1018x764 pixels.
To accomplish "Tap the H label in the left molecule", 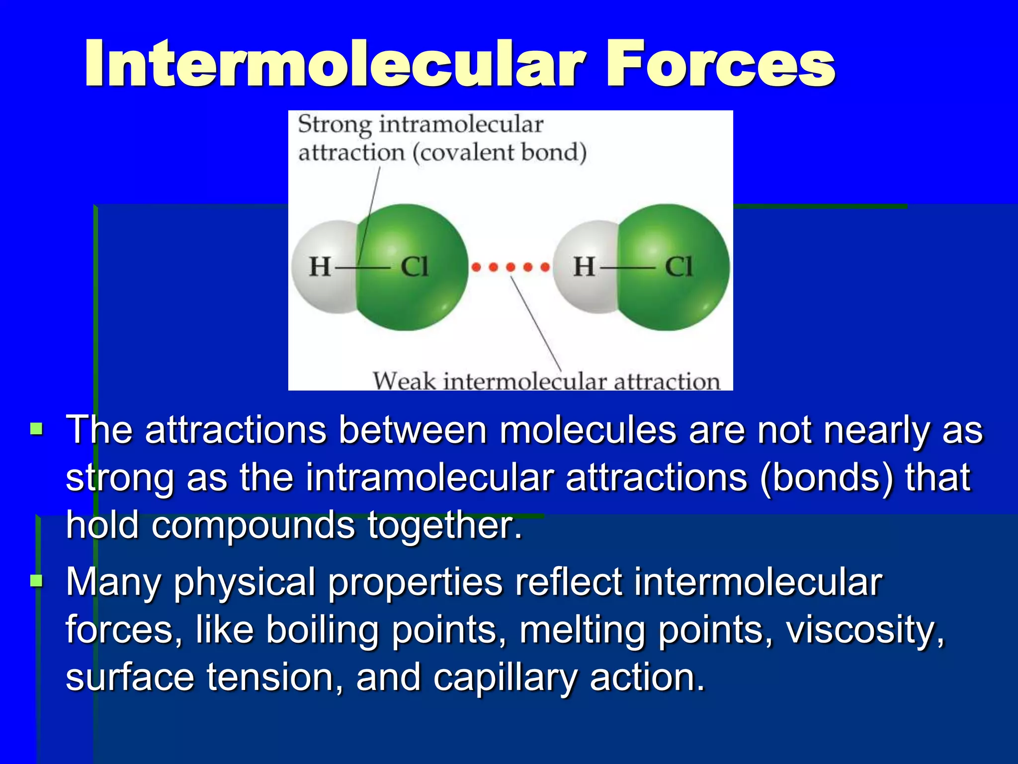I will click(320, 267).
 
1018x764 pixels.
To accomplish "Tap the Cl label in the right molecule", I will click(679, 267).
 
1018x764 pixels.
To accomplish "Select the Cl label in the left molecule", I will click(414, 267).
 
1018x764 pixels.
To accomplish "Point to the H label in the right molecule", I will click(584, 267).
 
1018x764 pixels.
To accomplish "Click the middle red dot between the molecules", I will click(510, 268).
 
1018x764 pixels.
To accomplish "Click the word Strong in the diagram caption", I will click(335, 124).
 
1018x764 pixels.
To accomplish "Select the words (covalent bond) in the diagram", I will click(500, 152).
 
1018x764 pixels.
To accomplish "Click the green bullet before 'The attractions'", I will click(36, 429).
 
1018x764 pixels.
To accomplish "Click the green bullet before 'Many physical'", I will click(36, 580).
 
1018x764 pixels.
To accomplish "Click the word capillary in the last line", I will click(505, 677).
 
